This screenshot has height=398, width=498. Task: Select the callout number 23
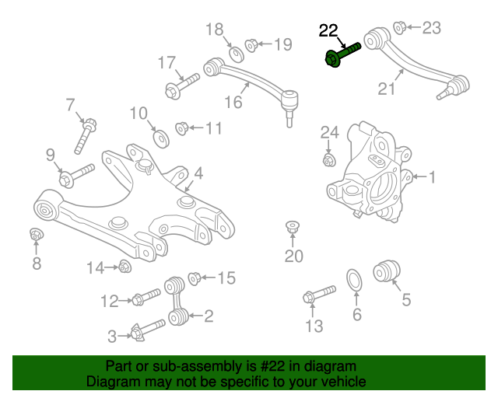tap(430, 28)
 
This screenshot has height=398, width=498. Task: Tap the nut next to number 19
tap(252, 44)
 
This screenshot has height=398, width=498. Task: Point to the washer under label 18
tap(233, 54)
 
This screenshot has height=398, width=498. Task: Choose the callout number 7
tap(70, 104)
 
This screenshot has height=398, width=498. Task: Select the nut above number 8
tap(36, 234)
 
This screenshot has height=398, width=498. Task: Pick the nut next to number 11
tap(181, 127)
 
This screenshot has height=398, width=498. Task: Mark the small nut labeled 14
tap(124, 267)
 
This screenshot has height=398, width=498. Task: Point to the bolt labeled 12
tap(145, 297)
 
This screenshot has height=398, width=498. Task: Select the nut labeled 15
tap(195, 277)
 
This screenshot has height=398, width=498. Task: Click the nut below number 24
tap(329, 161)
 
